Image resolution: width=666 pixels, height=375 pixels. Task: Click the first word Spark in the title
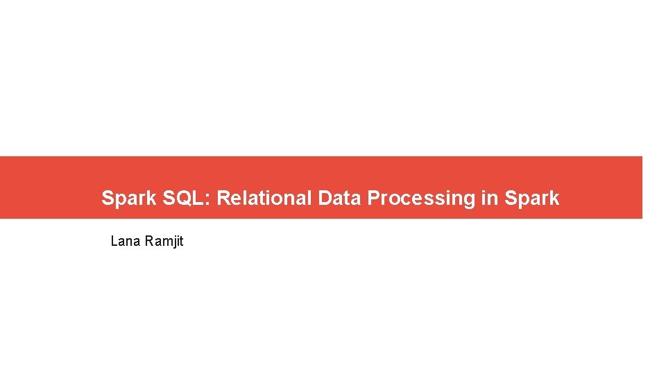(129, 198)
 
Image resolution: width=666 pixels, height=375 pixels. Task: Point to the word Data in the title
(340, 198)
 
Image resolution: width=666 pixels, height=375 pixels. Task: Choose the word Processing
(421, 198)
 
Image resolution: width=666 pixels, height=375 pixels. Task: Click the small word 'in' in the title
(488, 198)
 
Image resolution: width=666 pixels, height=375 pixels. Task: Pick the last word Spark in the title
(531, 198)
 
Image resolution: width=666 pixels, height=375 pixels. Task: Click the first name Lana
(126, 241)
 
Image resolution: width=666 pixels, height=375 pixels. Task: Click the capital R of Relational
(223, 198)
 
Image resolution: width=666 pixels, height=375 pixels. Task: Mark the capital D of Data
(325, 198)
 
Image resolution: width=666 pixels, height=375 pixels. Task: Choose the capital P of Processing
(373, 198)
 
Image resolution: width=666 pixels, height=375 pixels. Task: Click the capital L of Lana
(114, 241)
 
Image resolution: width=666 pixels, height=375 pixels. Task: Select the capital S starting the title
(108, 198)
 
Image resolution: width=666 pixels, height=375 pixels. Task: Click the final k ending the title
(555, 198)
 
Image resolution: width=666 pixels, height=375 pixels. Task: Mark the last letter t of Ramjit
(181, 241)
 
